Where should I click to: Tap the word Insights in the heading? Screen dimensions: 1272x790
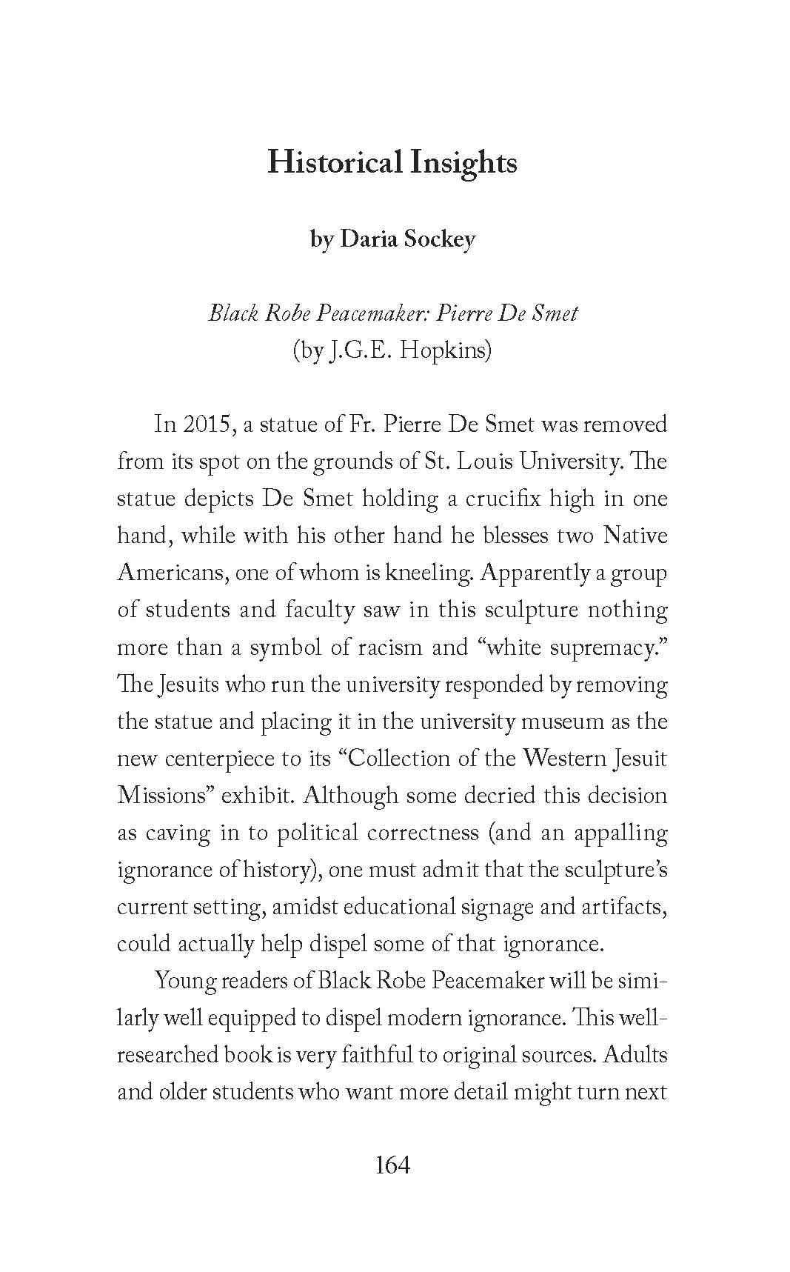463,162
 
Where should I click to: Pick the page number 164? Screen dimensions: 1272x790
392,1165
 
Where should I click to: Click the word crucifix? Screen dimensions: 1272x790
503,499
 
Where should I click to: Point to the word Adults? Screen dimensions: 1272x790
635,1054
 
